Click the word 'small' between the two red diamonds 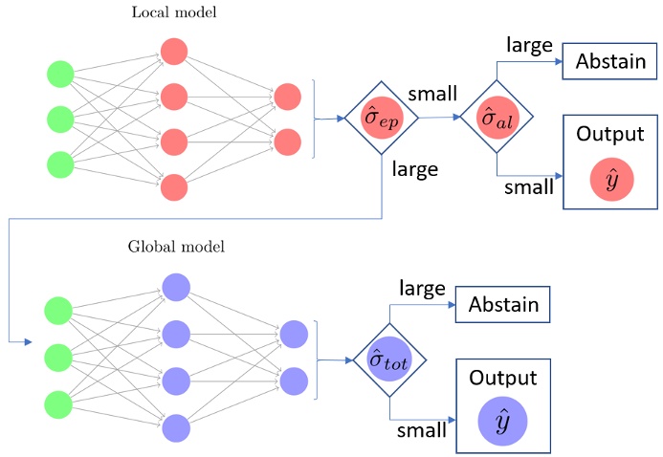click(x=432, y=95)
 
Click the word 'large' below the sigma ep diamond click(x=414, y=170)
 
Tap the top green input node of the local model click(x=60, y=75)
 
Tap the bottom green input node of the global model click(x=60, y=402)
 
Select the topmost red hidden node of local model click(x=174, y=51)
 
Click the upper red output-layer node click(x=287, y=98)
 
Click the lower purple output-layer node click(x=293, y=378)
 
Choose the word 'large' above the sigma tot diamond click(x=421, y=286)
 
